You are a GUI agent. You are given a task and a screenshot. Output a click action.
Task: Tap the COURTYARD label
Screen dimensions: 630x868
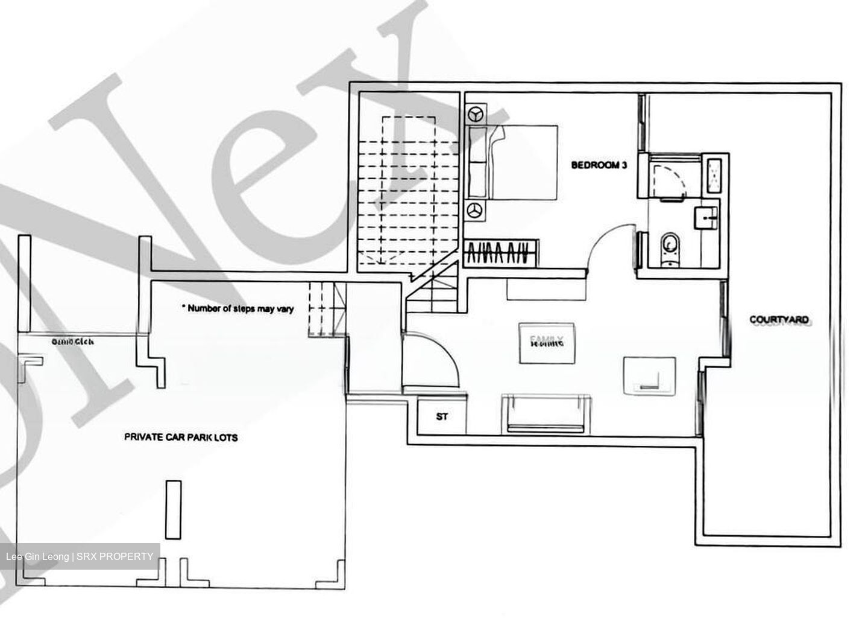[779, 319]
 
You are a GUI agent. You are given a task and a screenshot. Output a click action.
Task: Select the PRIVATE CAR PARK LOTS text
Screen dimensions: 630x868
[181, 437]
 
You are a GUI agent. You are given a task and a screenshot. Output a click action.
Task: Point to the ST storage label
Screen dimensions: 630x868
[442, 416]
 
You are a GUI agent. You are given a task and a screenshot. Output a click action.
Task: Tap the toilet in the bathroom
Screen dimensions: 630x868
[668, 248]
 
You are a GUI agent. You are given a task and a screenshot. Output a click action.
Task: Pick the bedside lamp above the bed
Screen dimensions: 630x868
[477, 114]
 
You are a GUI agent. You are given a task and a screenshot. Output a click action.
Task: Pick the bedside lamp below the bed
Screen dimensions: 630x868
[477, 210]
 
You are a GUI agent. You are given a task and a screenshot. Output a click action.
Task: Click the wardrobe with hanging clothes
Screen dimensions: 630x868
[502, 253]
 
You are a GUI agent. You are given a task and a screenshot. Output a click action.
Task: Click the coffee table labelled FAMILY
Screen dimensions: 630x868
[547, 343]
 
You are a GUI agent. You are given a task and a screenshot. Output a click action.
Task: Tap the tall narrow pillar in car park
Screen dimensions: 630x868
[173, 509]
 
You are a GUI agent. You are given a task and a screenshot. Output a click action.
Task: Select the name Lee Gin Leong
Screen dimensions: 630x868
[36, 556]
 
